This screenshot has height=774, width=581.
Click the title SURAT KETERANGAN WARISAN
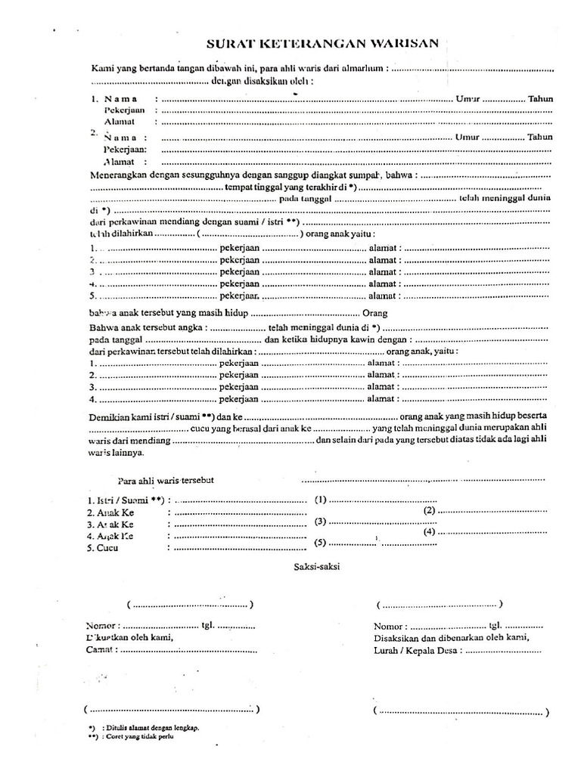(321, 43)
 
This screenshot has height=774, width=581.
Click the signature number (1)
(320, 500)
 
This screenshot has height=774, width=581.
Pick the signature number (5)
(320, 543)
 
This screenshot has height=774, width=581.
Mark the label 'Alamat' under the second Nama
(119, 161)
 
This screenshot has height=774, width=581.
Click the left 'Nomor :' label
(102, 626)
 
